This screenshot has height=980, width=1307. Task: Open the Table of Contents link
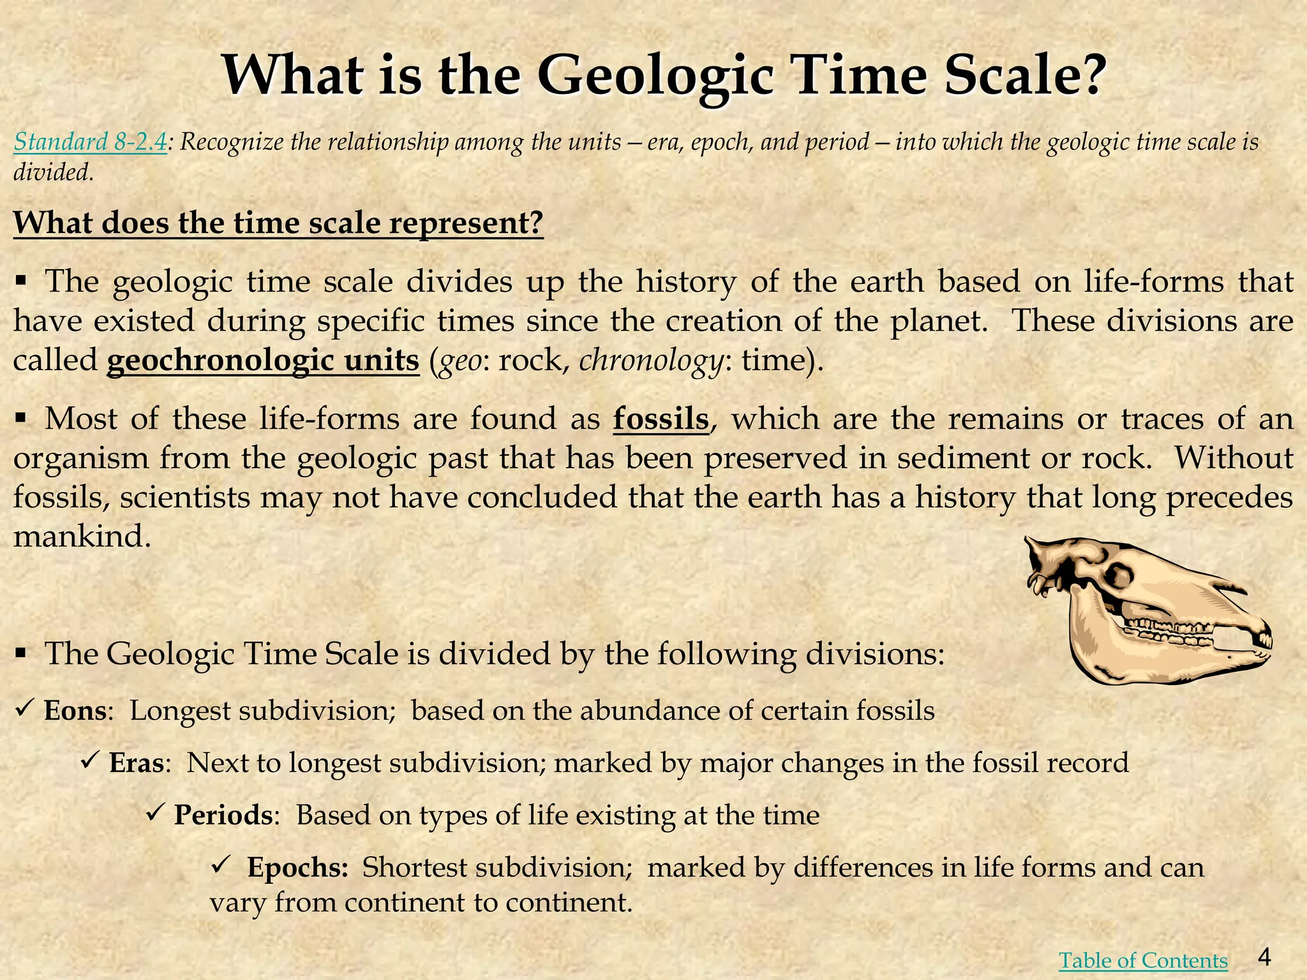(1143, 960)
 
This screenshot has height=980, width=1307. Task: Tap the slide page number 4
(1265, 956)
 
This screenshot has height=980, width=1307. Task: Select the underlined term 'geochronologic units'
(263, 360)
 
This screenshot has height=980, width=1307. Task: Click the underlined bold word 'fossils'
(661, 419)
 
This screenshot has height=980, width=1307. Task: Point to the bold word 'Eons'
(75, 711)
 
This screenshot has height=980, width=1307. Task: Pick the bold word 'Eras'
(137, 762)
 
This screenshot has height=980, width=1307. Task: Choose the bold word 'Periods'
(223, 815)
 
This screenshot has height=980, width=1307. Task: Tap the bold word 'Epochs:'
(297, 867)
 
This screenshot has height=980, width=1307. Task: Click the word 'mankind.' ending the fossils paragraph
(82, 536)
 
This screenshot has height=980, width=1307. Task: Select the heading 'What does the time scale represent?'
(278, 223)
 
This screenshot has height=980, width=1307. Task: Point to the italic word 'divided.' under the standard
(54, 172)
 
